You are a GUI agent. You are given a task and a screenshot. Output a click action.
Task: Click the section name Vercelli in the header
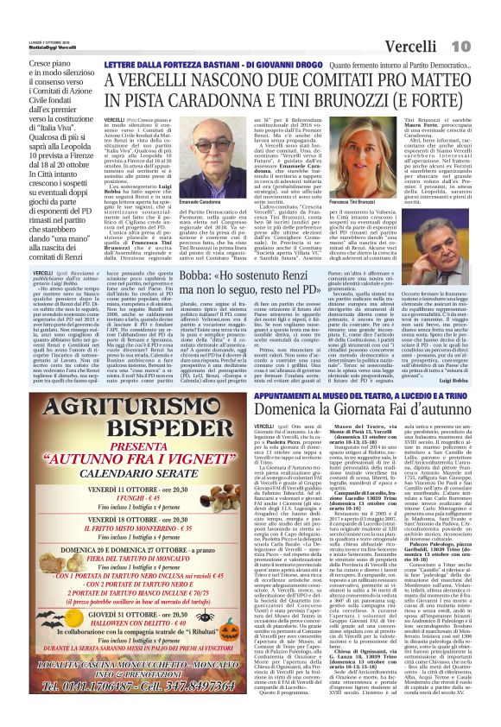(x=437, y=19)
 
